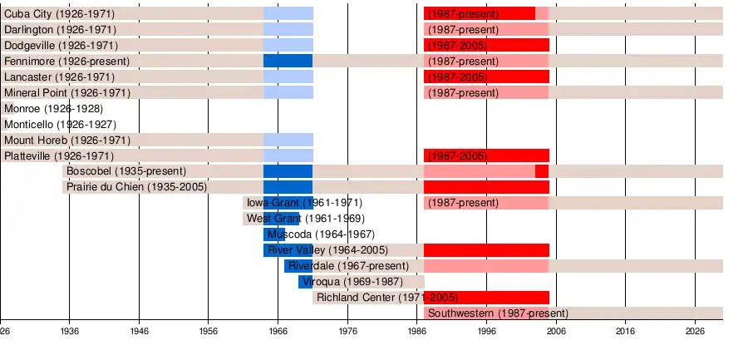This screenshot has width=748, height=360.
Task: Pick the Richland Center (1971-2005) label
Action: tap(387, 298)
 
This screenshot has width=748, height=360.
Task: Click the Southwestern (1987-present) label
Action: tap(498, 313)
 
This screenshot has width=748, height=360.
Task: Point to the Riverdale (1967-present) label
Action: tap(349, 266)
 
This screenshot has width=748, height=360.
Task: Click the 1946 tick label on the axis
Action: tap(139, 331)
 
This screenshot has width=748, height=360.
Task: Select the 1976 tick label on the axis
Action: tap(347, 331)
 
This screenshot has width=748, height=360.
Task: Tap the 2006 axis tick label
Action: tap(556, 331)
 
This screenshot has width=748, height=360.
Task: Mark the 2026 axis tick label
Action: tap(695, 331)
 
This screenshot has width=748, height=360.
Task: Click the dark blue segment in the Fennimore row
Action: tap(288, 61)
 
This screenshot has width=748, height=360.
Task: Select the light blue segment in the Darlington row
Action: tap(288, 30)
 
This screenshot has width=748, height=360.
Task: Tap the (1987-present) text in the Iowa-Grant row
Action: tap(463, 203)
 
